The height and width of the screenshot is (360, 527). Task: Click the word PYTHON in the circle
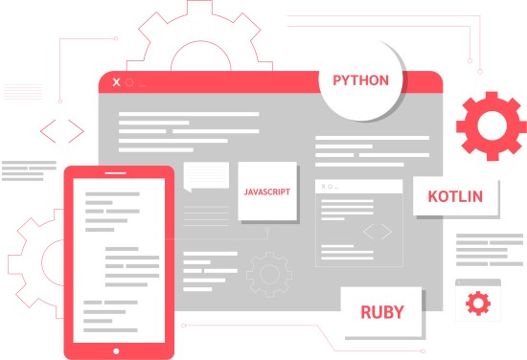pyautogui.click(x=360, y=80)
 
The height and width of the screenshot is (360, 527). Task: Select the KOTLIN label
pyautogui.click(x=455, y=198)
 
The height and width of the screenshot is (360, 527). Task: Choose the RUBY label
pyautogui.click(x=381, y=312)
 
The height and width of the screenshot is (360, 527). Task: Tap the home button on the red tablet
pyautogui.click(x=118, y=349)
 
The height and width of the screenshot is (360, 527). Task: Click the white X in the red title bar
pyautogui.click(x=116, y=82)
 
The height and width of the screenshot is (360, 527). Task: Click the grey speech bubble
pyautogui.click(x=206, y=177)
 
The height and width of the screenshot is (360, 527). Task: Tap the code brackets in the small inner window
pyautogui.click(x=378, y=232)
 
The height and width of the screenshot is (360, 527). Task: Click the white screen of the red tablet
pyautogui.click(x=118, y=259)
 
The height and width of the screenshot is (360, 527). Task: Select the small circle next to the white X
pyautogui.click(x=129, y=82)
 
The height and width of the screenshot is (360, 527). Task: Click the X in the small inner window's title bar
pyautogui.click(x=324, y=187)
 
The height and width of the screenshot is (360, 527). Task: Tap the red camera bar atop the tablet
pyautogui.click(x=118, y=175)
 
